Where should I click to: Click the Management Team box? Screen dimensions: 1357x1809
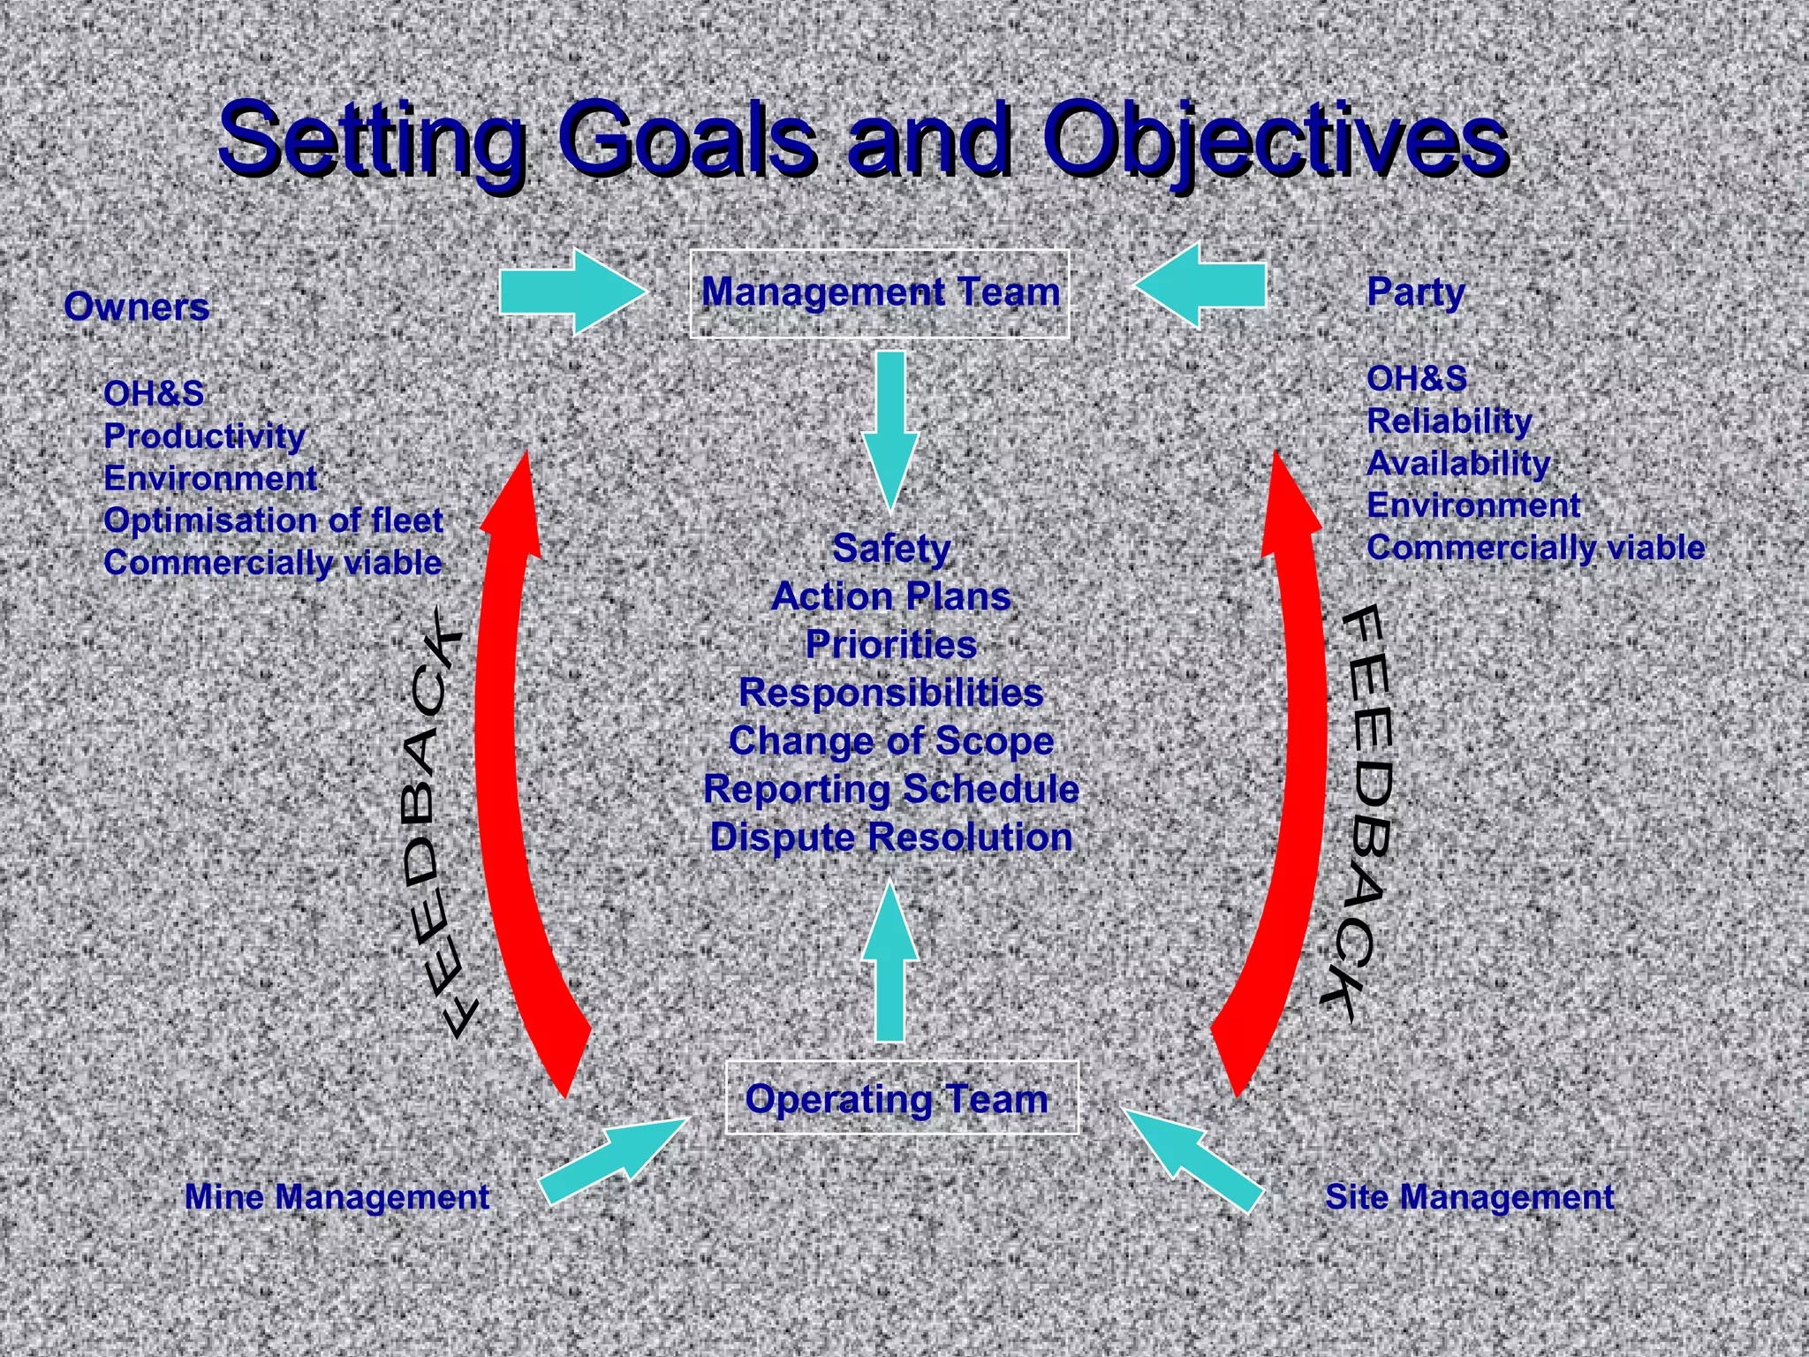879,293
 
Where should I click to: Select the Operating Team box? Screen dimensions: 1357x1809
901,1098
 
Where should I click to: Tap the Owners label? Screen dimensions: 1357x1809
137,307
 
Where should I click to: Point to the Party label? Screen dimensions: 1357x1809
1416,292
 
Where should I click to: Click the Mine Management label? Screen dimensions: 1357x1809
337,1197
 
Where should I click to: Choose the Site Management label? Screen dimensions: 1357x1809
1470,1197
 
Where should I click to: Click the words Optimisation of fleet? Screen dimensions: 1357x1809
273,520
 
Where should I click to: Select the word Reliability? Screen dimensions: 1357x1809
1449,421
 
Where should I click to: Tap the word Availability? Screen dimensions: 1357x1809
1458,464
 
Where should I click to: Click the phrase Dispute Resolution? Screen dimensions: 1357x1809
891,838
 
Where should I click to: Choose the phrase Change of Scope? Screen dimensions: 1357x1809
891,741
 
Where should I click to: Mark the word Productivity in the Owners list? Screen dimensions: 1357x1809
204,436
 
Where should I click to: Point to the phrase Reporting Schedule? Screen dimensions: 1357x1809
891,789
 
